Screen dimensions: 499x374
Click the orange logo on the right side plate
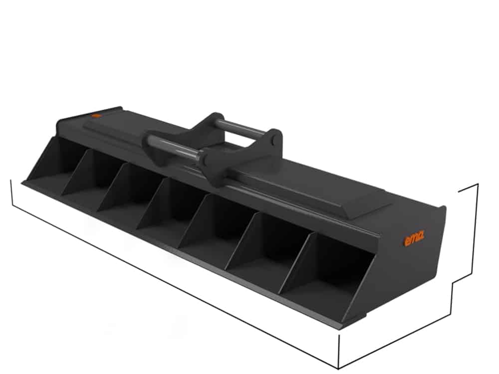pyautogui.click(x=414, y=239)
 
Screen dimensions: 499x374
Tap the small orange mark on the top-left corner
pyautogui.click(x=96, y=116)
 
